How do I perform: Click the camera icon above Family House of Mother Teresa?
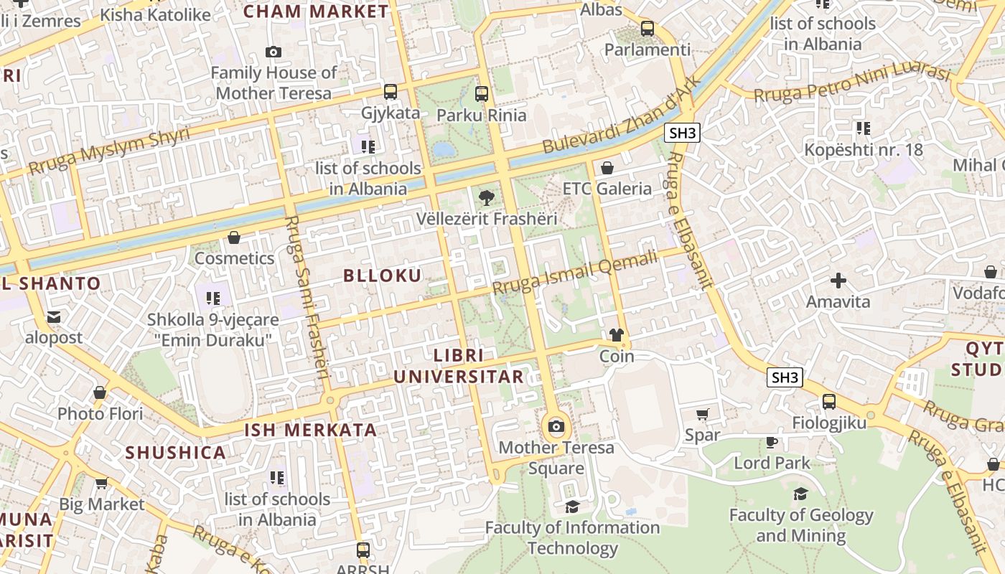click(273, 52)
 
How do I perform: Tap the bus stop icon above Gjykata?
click(391, 92)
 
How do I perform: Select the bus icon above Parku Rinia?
click(481, 94)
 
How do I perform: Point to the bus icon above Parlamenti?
click(648, 29)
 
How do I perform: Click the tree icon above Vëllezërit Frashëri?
click(487, 197)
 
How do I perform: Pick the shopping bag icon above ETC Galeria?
click(607, 168)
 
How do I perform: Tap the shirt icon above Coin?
click(616, 335)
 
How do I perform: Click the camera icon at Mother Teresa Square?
click(556, 427)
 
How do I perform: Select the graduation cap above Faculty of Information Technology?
click(572, 507)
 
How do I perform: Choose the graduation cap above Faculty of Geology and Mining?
click(800, 494)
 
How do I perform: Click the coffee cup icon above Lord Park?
click(772, 442)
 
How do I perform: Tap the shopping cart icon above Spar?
click(702, 414)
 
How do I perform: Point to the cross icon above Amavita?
click(838, 281)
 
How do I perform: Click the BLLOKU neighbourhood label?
click(382, 276)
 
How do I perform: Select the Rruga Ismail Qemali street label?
click(574, 273)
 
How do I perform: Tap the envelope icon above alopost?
click(54, 316)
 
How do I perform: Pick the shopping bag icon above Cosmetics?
click(234, 237)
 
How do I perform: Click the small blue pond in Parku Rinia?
click(444, 149)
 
